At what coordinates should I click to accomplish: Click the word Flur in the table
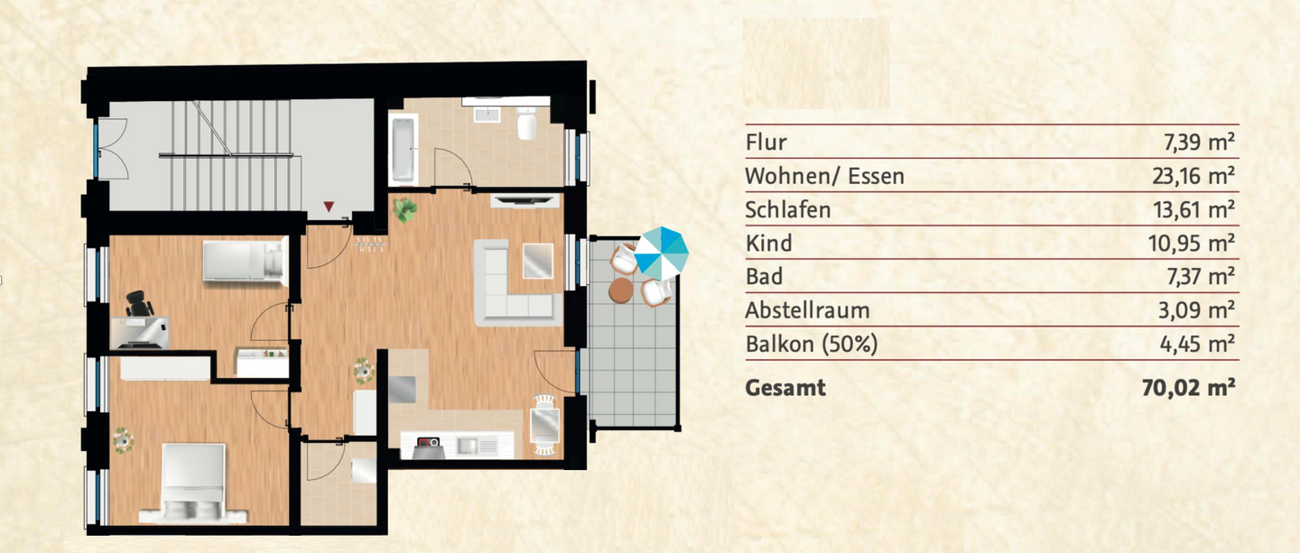pyautogui.click(x=766, y=143)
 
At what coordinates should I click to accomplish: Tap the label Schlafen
pyautogui.click(x=787, y=210)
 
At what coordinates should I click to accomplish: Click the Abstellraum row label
pyautogui.click(x=807, y=310)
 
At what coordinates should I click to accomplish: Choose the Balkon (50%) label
pyautogui.click(x=811, y=344)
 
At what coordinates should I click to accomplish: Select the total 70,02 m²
pyautogui.click(x=1188, y=389)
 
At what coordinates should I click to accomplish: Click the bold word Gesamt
pyautogui.click(x=785, y=389)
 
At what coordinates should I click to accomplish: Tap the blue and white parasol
pyautogui.click(x=661, y=253)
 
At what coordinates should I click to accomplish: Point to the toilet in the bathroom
pyautogui.click(x=527, y=125)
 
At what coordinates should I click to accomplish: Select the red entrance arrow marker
pyautogui.click(x=330, y=207)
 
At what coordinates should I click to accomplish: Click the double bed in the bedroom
pyautogui.click(x=192, y=482)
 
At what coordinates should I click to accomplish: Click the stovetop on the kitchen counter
pyautogui.click(x=428, y=443)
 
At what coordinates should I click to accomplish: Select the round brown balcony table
pyautogui.click(x=622, y=290)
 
